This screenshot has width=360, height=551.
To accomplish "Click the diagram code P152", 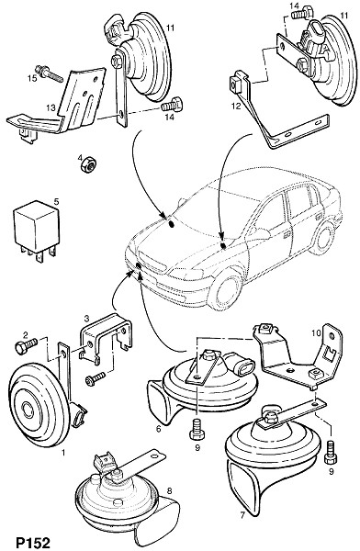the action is (33, 543).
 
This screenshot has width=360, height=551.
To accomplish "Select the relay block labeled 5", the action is (36, 231).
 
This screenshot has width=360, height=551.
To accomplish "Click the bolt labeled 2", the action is (26, 345).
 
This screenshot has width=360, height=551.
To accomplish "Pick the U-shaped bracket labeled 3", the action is (107, 337).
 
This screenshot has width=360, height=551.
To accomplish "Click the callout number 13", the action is (51, 107).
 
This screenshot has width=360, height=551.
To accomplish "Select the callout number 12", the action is (236, 106).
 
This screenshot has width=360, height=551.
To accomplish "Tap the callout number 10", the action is (315, 332).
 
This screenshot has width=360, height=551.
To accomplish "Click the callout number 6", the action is (159, 429).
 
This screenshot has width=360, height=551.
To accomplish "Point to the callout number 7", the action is (242, 515).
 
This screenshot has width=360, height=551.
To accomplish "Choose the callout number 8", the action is (169, 490).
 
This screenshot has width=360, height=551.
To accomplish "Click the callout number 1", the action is (63, 453).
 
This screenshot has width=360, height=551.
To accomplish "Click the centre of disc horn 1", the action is (27, 409).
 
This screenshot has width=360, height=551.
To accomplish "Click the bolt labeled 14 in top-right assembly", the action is (300, 12).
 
